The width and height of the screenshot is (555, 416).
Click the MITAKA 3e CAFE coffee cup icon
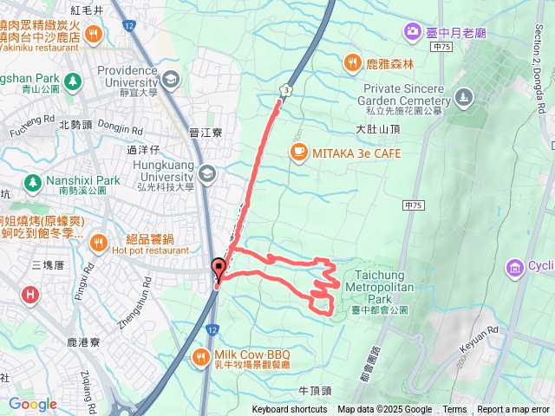tap(298, 153)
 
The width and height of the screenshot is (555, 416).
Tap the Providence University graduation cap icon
tap(170, 80)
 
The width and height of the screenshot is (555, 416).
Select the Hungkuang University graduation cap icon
tap(206, 175)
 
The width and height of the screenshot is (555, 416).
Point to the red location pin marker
tap(218, 270)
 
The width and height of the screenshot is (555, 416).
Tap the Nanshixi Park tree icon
tap(33, 182)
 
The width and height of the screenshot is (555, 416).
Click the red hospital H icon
tap(31, 295)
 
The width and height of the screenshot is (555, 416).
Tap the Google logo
tap(32, 404)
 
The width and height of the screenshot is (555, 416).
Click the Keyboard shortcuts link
tap(290, 410)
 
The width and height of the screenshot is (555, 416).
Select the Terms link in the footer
tap(454, 410)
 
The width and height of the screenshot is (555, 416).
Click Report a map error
tap(513, 410)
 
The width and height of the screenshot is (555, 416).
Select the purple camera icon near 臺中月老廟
tap(413, 32)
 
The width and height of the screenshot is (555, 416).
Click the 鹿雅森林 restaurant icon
tap(352, 62)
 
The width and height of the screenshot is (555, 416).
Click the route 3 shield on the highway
tap(284, 89)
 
